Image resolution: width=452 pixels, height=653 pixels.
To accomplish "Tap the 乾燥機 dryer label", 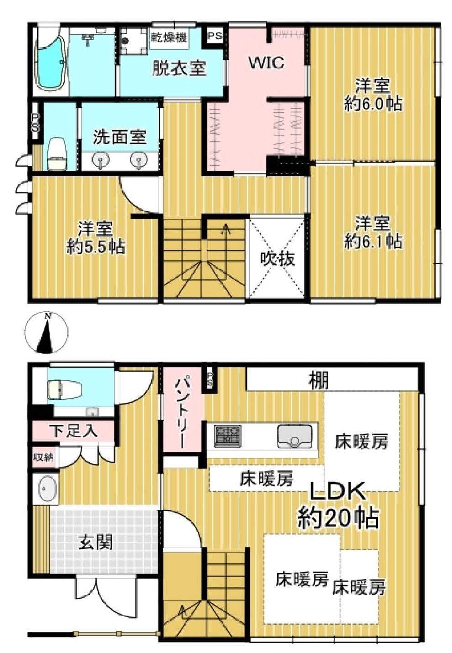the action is pyautogui.click(x=169, y=37).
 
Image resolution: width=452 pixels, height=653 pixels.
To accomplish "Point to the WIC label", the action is pyautogui.click(x=266, y=63).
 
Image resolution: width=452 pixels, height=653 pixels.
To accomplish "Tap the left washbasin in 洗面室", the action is pyautogui.click(x=101, y=161).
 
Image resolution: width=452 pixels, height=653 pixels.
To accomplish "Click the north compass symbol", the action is pyautogui.click(x=46, y=332).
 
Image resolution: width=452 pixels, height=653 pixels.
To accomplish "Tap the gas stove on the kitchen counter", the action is pyautogui.click(x=228, y=436).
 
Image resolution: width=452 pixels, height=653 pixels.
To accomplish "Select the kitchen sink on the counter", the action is pyautogui.click(x=294, y=436).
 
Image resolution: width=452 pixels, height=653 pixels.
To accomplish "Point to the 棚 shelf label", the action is pyautogui.click(x=319, y=380).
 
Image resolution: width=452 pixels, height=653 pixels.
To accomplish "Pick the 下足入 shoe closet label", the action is pyautogui.click(x=73, y=431).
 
